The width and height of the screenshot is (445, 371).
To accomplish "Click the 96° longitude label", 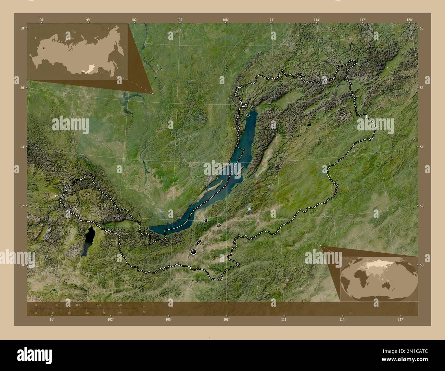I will (41, 20).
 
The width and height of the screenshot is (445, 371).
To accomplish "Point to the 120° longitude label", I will (410, 20).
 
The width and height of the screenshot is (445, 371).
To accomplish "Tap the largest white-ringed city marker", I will (193, 252).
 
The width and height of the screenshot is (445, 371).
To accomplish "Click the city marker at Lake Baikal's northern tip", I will (248, 115).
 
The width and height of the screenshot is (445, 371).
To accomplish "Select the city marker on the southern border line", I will (198, 268).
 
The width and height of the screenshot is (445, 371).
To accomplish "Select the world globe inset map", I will (379, 276).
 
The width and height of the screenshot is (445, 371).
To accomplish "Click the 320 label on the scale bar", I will (120, 305).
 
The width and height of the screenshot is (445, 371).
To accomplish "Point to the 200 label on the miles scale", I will (120, 313).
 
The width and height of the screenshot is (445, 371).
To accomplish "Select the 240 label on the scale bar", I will (99, 305).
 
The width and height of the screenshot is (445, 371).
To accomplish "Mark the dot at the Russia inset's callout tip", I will (153, 93).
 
